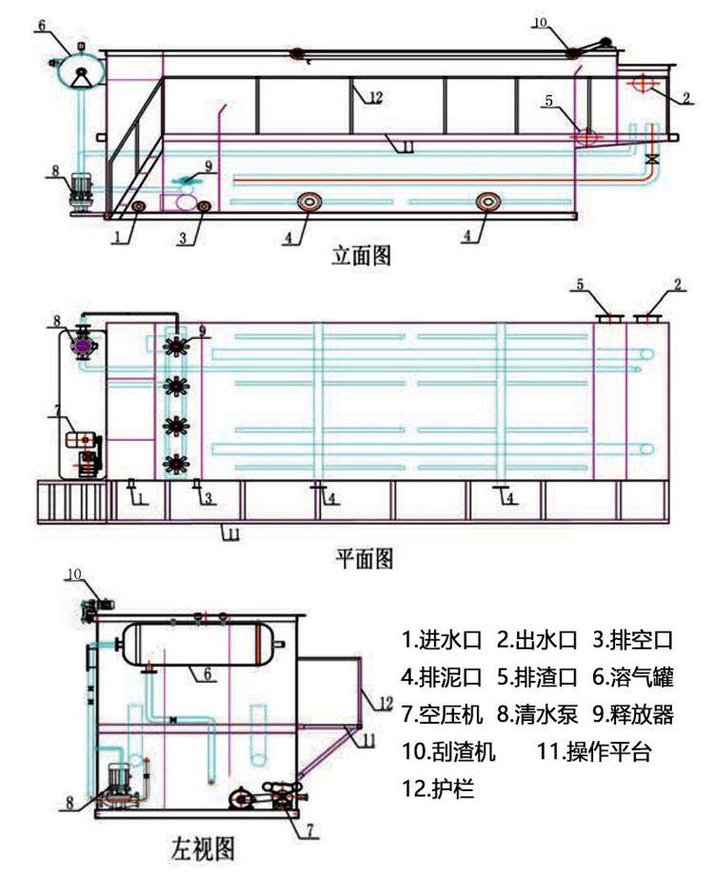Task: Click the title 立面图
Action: pyautogui.click(x=360, y=254)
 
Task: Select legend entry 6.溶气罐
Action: pyautogui.click(x=635, y=679)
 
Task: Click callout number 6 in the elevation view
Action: pyautogui.click(x=42, y=24)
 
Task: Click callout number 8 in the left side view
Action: pyautogui.click(x=69, y=803)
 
